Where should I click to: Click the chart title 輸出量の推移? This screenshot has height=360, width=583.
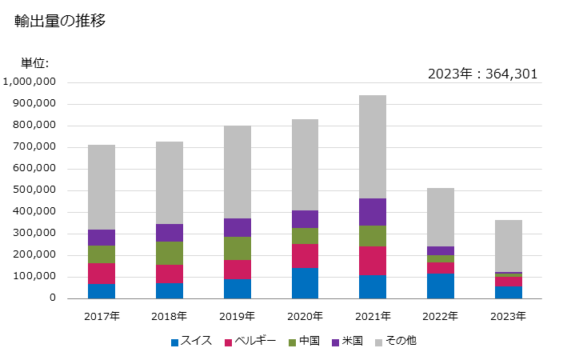pyautogui.click(x=60, y=22)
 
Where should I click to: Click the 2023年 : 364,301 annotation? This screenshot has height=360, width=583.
pyautogui.click(x=482, y=74)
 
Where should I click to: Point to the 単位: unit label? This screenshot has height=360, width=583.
pyautogui.click(x=34, y=63)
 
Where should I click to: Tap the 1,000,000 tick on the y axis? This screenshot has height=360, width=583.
pyautogui.click(x=29, y=82)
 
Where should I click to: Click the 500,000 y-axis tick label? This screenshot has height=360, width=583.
pyautogui.click(x=32, y=190)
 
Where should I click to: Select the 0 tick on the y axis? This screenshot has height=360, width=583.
pyautogui.click(x=50, y=298)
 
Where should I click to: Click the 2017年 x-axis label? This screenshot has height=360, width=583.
pyautogui.click(x=102, y=316)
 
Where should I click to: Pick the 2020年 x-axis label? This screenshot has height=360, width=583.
pyautogui.click(x=305, y=316)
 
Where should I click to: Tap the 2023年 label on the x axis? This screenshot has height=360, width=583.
pyautogui.click(x=508, y=316)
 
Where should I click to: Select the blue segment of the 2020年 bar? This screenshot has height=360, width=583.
pyautogui.click(x=305, y=283)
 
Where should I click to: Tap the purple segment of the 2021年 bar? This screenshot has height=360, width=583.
pyautogui.click(x=373, y=212)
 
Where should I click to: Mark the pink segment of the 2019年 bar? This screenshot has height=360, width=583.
pyautogui.click(x=237, y=270)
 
